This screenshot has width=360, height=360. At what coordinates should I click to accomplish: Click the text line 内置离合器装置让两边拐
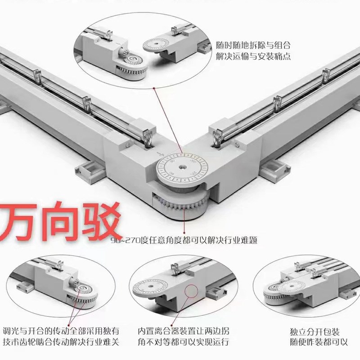[x=183, y=330]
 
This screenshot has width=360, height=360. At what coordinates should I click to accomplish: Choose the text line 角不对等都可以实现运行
[x=183, y=342]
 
